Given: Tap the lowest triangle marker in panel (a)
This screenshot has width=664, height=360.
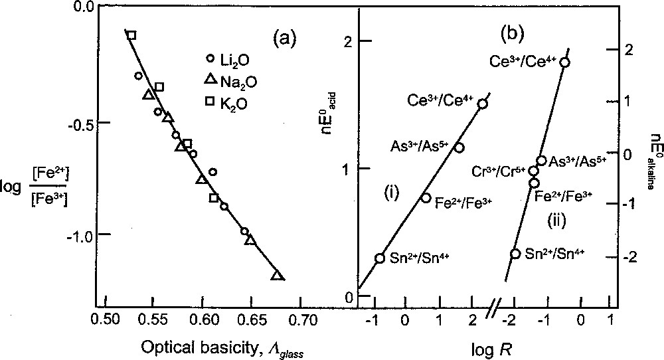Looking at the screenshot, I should (278, 276).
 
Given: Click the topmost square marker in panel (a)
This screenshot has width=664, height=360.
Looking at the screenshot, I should (131, 35).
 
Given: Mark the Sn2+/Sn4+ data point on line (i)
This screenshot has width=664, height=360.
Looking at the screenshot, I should (380, 258).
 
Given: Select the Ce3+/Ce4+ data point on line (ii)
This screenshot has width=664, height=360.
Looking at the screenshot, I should (564, 62).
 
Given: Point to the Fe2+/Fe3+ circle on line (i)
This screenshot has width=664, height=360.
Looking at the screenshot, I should (426, 198).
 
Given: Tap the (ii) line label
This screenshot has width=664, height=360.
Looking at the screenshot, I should (556, 219).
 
